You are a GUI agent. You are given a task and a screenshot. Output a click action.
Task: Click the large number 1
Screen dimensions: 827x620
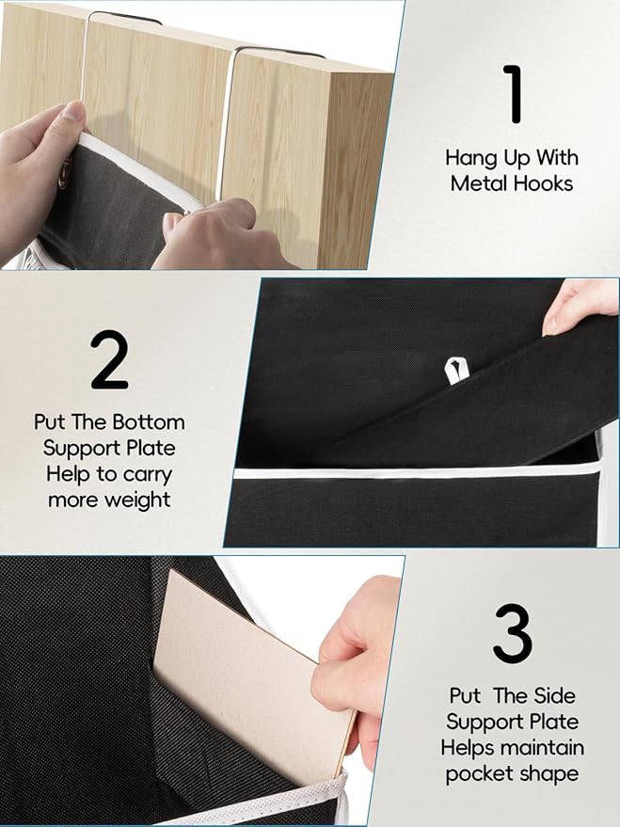[x=513, y=93]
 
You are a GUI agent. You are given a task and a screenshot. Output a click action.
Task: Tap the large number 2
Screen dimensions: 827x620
[x=109, y=360]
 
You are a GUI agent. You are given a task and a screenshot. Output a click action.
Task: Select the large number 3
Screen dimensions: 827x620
[x=512, y=635]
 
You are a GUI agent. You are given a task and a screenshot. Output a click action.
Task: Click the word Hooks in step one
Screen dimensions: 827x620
[x=542, y=183]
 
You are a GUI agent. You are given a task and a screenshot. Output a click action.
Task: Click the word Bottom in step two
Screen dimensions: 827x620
[x=151, y=421]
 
